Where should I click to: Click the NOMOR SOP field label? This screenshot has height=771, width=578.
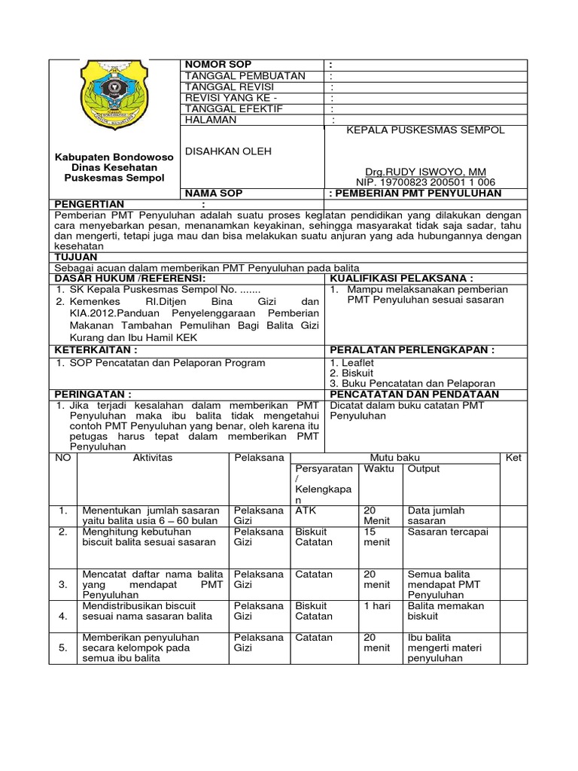218,65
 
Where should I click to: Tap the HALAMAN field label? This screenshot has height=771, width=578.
211,120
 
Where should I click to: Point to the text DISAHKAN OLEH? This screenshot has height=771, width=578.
228,151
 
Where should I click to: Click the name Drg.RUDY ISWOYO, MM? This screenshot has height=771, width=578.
425,172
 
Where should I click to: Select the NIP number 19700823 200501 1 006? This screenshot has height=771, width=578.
425,182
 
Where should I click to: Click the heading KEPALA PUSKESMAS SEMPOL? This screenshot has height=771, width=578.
425,130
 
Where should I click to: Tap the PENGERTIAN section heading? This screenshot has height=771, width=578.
88,204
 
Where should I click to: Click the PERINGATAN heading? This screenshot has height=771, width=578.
92,394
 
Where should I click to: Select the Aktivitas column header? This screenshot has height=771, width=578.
153,458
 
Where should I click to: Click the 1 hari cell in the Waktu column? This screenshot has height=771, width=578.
377,606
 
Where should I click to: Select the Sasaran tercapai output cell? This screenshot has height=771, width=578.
448,531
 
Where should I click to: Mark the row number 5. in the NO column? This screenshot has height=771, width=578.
63,647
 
